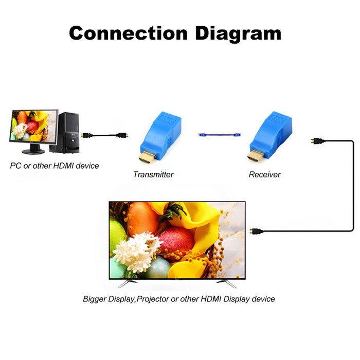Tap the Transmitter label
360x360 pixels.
[153, 174]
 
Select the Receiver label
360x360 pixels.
[265, 174]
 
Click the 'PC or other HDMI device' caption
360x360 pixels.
[55, 166]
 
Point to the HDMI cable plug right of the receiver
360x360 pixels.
[317, 140]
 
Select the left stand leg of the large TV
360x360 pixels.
[125, 283]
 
